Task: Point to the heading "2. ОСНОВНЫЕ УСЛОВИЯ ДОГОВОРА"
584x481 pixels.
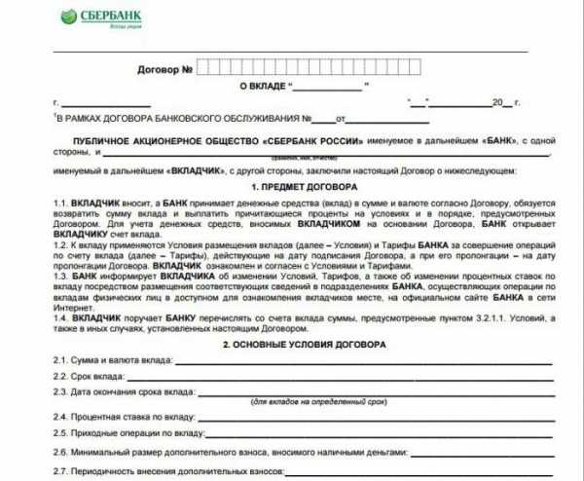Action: point(303,346)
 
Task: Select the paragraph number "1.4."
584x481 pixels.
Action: point(62,317)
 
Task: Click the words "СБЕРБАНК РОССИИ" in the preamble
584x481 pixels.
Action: point(316,142)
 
